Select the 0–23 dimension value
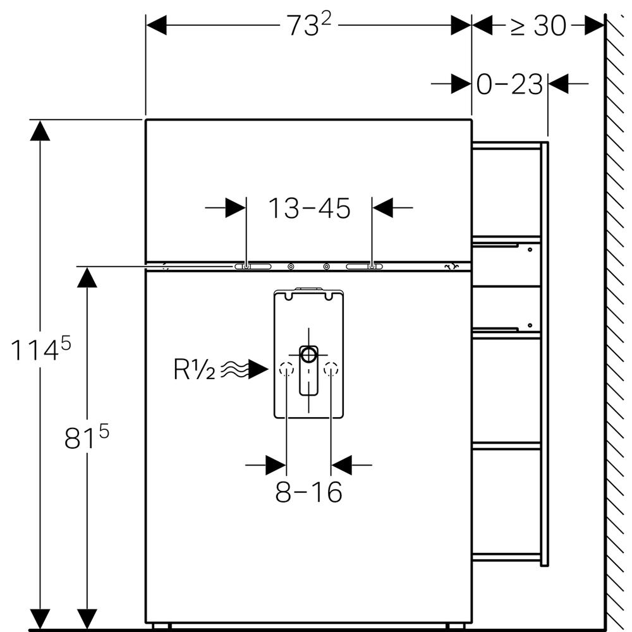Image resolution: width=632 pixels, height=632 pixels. pyautogui.click(x=509, y=84)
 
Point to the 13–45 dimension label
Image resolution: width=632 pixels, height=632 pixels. pyautogui.click(x=309, y=208)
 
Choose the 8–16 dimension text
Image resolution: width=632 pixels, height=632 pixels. pyautogui.click(x=308, y=492)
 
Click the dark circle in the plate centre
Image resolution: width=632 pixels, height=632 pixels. pyautogui.click(x=309, y=354)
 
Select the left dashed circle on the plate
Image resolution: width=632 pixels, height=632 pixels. pyautogui.click(x=286, y=369)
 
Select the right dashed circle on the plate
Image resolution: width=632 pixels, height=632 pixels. pyautogui.click(x=331, y=369)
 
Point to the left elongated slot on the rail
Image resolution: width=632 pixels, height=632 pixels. pyautogui.click(x=252, y=267)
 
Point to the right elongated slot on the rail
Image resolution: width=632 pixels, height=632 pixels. pyautogui.click(x=365, y=267)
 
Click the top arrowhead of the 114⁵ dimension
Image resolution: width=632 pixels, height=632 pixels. pyautogui.click(x=40, y=130)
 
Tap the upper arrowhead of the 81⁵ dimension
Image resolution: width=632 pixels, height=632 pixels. pyautogui.click(x=87, y=277)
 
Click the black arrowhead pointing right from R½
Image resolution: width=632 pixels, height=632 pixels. pyautogui.click(x=258, y=370)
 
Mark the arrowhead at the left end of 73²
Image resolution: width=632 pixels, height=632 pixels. pyautogui.click(x=156, y=26)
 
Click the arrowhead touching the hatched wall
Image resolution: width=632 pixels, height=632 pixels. pyautogui.click(x=594, y=26)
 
